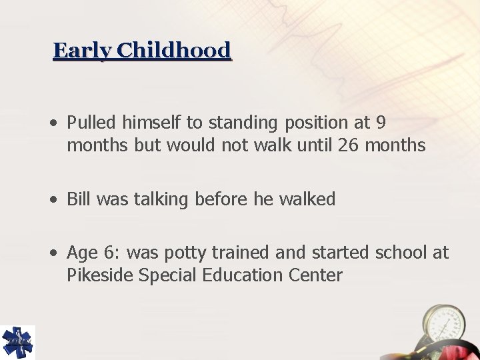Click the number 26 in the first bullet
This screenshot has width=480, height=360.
click(348, 145)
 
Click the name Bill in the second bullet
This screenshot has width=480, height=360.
click(77, 199)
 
